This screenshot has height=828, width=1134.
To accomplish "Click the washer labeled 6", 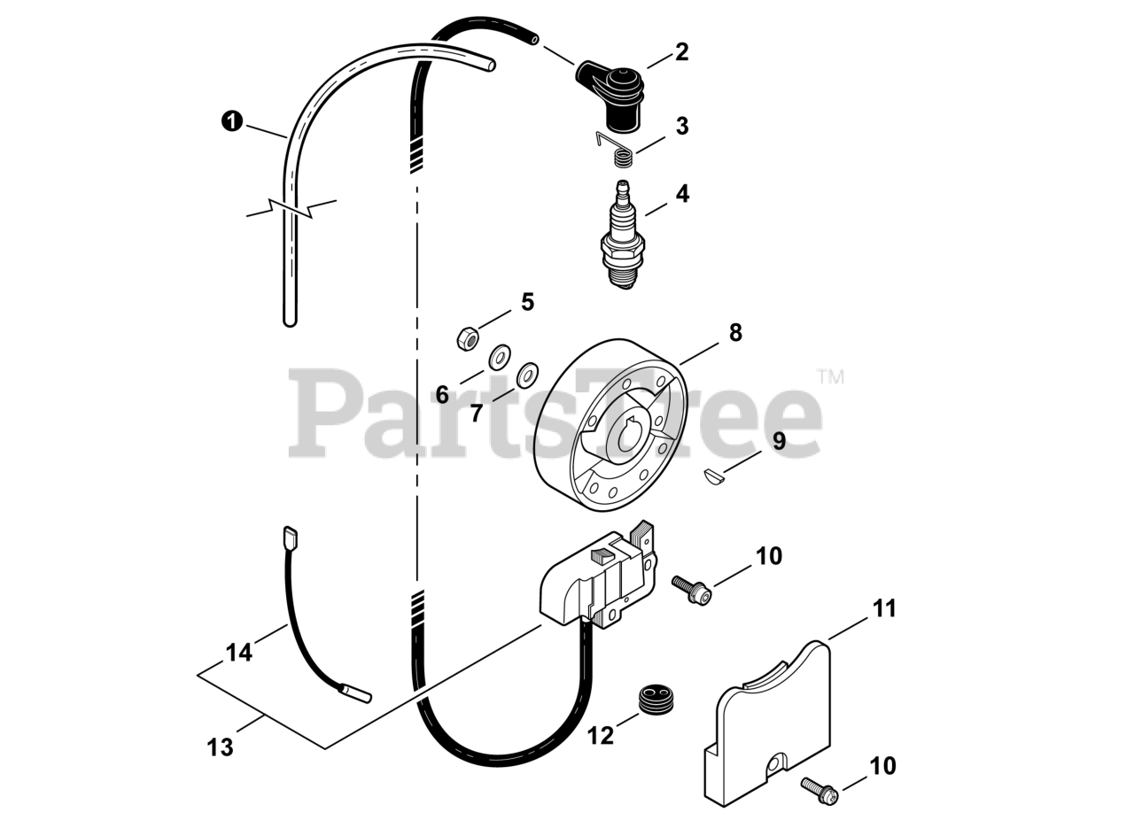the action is pyautogui.click(x=500, y=357).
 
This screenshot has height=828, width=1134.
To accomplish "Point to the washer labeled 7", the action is pyautogui.click(x=528, y=375).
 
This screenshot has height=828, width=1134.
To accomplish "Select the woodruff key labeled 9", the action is pyautogui.click(x=714, y=477).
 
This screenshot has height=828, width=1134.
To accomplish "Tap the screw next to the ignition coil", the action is pyautogui.click(x=690, y=590).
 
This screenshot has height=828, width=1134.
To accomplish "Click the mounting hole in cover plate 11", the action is pyautogui.click(x=776, y=762).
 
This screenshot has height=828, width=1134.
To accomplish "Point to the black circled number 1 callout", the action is pyautogui.click(x=231, y=121).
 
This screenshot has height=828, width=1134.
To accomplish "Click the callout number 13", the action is pyautogui.click(x=220, y=747).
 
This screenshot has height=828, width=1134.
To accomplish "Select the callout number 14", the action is pyautogui.click(x=238, y=654).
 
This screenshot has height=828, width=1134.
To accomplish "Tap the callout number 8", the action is pyautogui.click(x=735, y=333).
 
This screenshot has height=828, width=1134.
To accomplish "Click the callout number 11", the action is pyautogui.click(x=884, y=609).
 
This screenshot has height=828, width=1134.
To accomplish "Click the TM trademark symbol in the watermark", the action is pyautogui.click(x=830, y=376).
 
